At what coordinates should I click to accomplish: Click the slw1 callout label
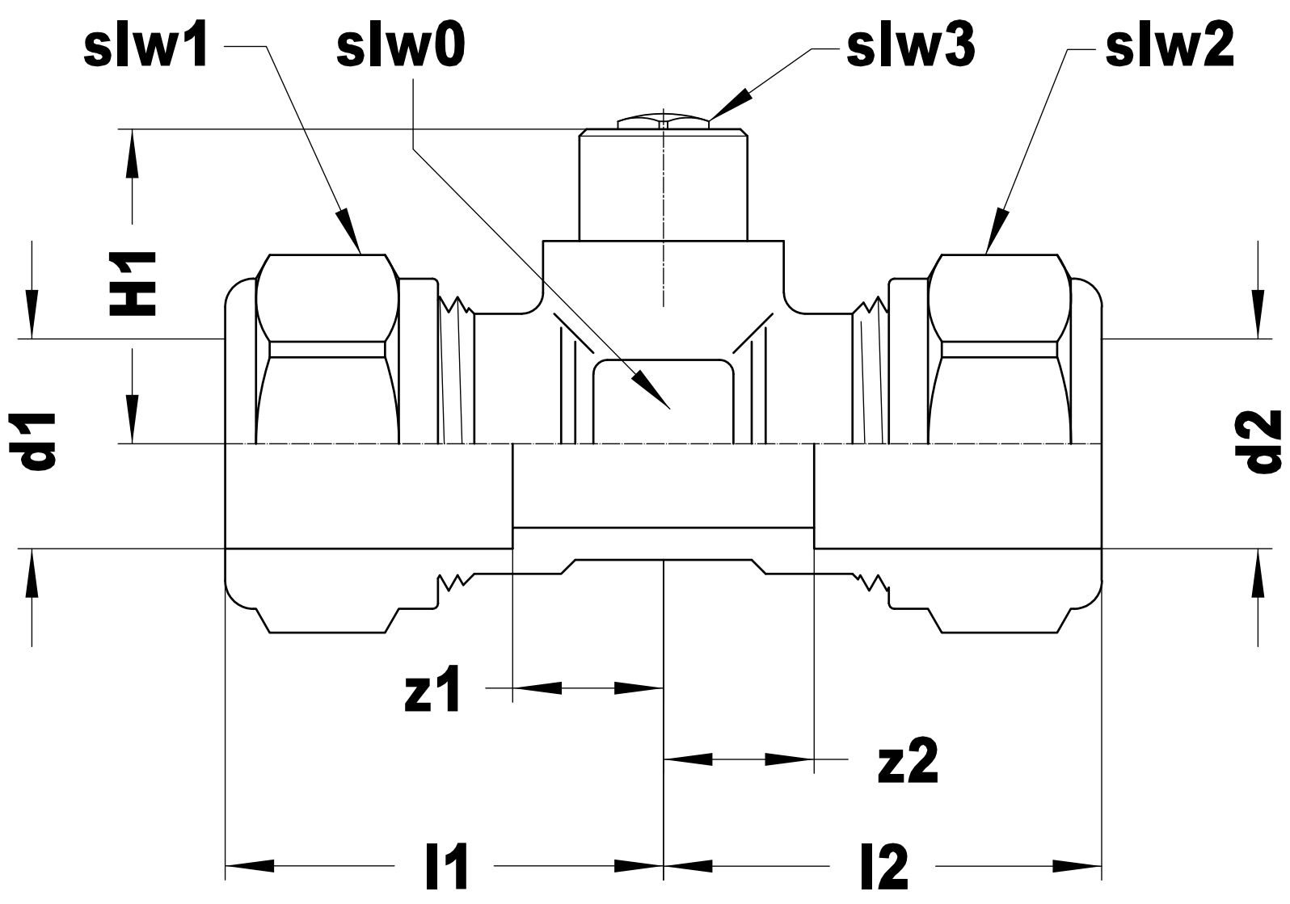point(145,48)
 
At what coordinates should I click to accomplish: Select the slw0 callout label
point(401,48)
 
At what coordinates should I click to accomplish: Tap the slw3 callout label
point(910,48)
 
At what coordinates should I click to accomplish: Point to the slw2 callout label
point(1169,48)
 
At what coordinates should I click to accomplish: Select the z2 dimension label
point(907,762)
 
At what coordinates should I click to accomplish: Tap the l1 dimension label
point(445,868)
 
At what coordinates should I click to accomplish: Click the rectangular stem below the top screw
point(663,186)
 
